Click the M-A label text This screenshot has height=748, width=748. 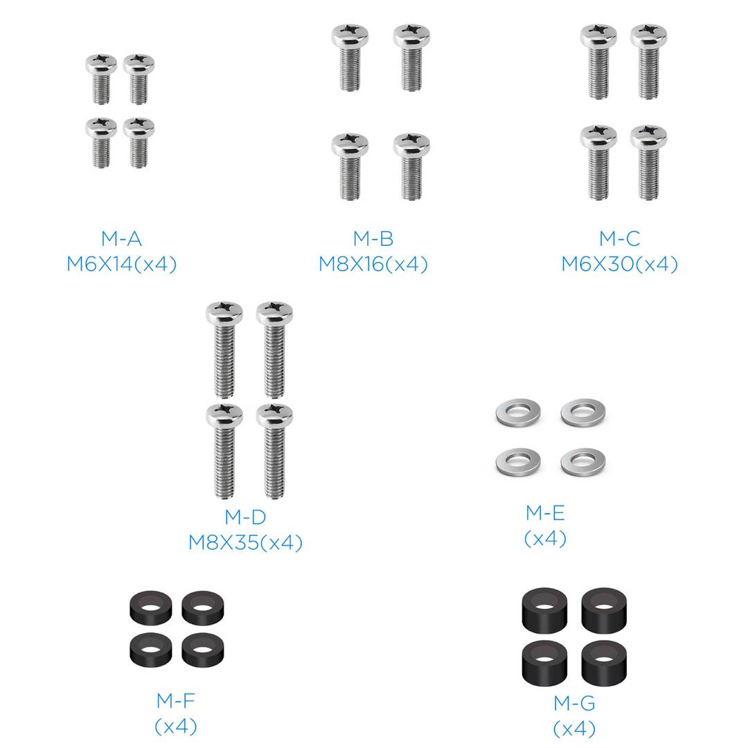(x=121, y=238)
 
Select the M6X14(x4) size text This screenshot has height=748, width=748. (x=121, y=264)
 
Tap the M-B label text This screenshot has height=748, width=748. (x=373, y=238)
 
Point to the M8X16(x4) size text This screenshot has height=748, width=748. (x=373, y=264)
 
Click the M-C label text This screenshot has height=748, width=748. (x=619, y=238)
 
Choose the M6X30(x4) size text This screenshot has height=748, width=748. (x=619, y=264)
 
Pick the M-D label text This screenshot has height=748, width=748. (x=245, y=517)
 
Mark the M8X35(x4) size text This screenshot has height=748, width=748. (x=245, y=542)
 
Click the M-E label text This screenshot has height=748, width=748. (x=545, y=513)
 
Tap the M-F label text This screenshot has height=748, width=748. (x=175, y=701)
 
